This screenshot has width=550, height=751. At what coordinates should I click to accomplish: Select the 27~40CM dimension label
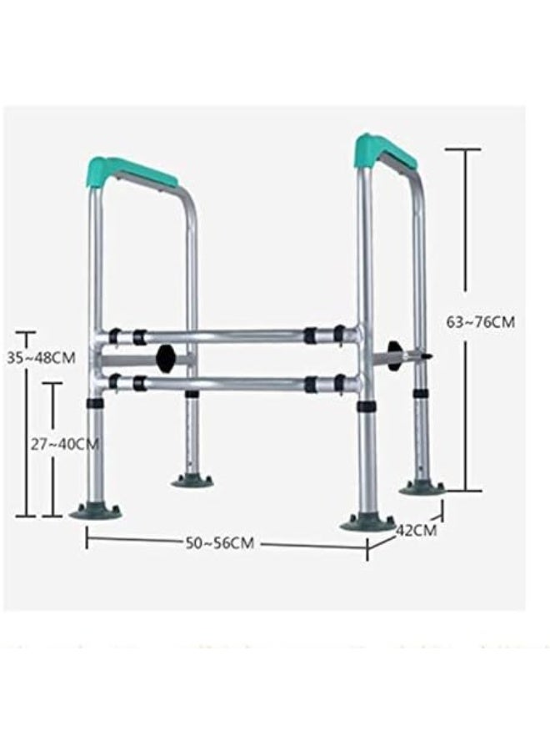click(x=65, y=444)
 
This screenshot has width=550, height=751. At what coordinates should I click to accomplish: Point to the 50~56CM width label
click(x=219, y=543)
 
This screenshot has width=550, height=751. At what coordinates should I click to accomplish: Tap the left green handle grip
click(x=130, y=173)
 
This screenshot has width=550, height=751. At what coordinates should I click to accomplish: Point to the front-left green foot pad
click(x=95, y=512)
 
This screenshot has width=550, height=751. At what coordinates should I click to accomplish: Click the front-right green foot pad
click(x=367, y=522)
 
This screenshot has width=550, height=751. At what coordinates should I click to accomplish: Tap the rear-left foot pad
click(x=192, y=480)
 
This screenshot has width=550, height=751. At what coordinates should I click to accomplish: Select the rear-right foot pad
click(x=420, y=487)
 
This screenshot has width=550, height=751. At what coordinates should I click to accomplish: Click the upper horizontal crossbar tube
click(x=225, y=336)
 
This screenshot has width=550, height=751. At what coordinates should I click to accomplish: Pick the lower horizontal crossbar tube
click(x=225, y=384)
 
